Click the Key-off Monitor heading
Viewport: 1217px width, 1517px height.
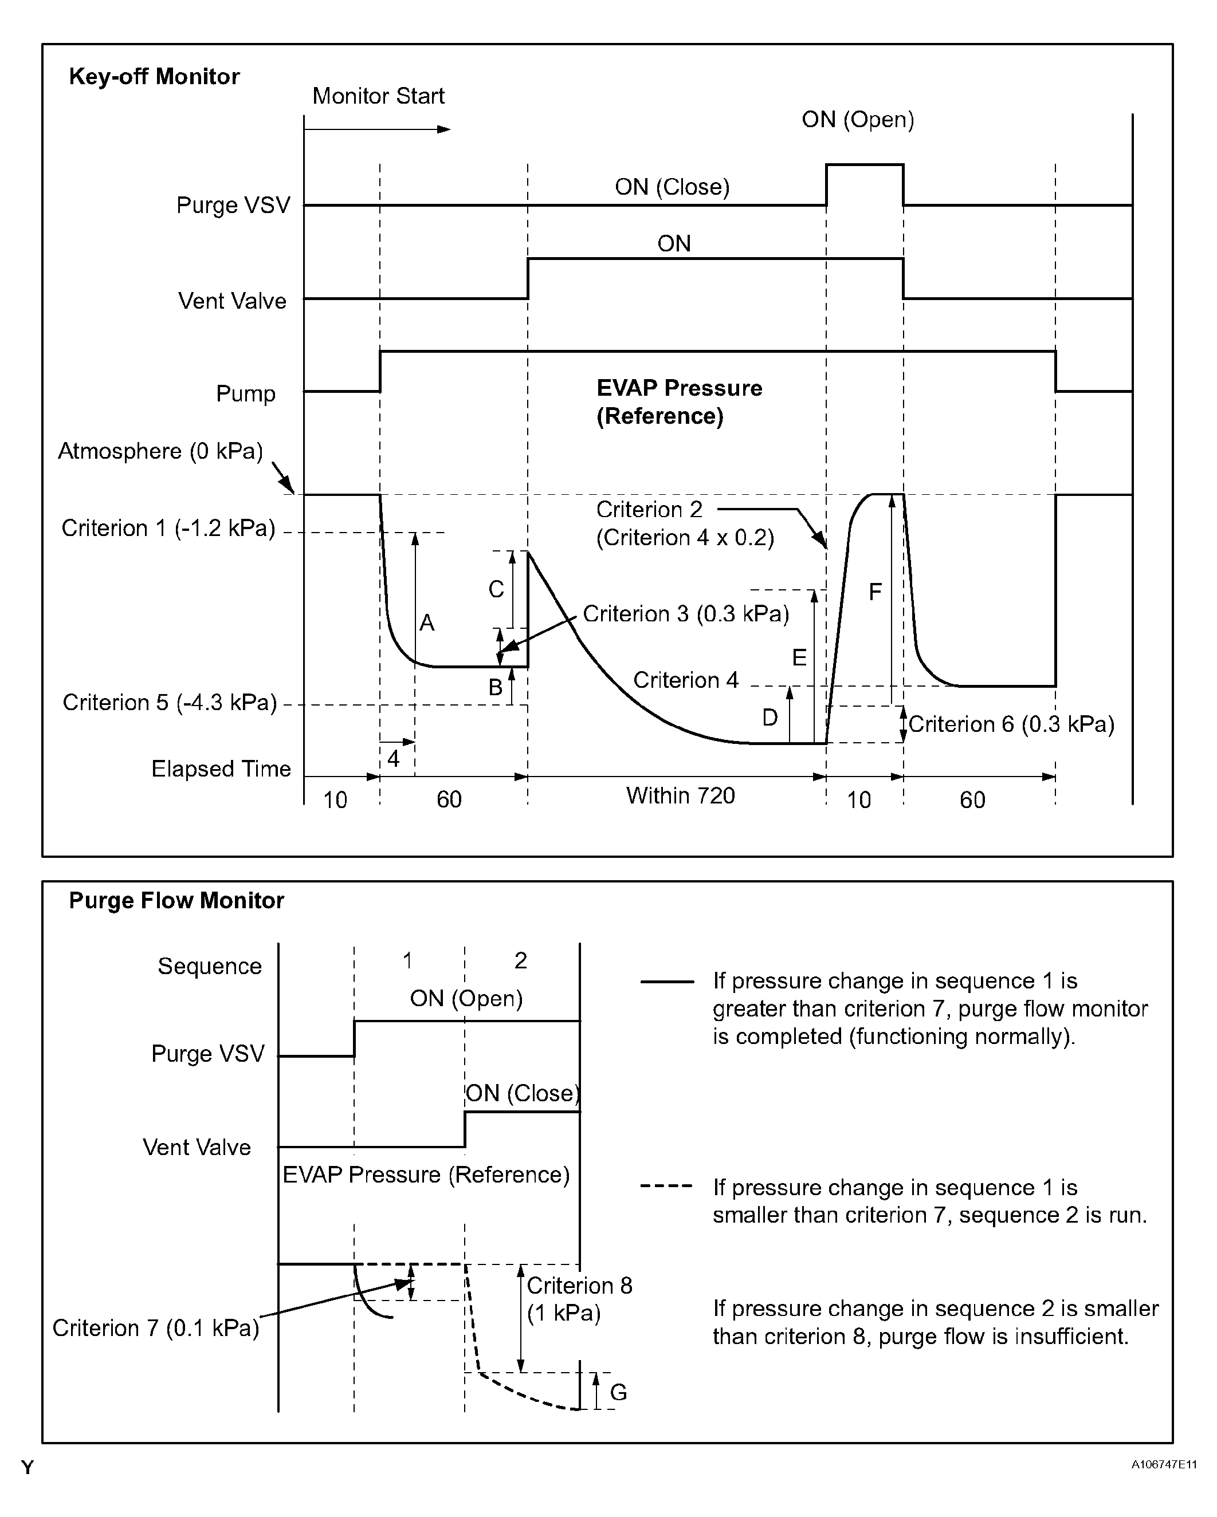154,76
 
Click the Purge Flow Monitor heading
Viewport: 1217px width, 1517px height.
176,901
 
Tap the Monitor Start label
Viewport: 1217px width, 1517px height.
378,96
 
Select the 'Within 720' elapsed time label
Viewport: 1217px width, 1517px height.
680,796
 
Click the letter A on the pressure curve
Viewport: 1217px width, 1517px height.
426,622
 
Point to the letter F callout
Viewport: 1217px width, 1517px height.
875,592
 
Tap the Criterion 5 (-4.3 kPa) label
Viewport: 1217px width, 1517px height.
170,702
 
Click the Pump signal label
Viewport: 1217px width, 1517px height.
245,393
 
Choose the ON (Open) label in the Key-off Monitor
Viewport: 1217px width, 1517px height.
857,120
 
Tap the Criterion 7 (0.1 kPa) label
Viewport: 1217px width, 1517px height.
155,1327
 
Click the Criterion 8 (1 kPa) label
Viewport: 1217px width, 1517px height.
579,1299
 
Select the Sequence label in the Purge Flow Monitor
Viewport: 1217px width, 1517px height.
209,966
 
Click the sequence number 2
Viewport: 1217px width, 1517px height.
520,960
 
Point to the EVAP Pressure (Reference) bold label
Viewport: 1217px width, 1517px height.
678,402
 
